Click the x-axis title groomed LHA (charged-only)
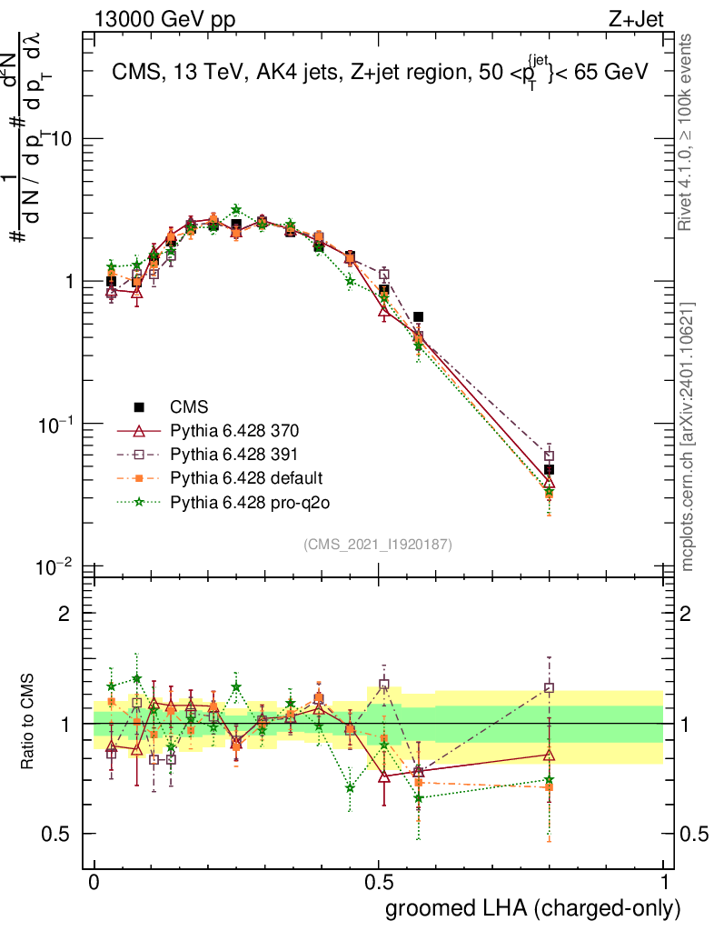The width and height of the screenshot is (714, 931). [534, 908]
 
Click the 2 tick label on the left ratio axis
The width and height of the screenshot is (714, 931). [64, 614]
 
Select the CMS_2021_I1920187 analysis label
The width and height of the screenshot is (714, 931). [378, 544]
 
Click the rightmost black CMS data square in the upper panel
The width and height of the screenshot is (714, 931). [549, 470]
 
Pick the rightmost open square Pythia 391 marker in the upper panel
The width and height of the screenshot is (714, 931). [549, 456]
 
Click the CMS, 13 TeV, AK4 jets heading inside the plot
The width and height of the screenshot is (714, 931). [380, 75]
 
